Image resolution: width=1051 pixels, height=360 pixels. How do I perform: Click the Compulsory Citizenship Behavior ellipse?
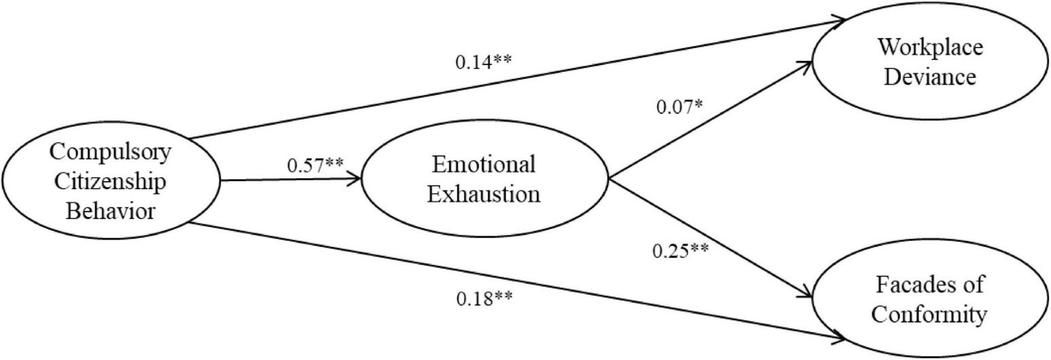(x=111, y=181)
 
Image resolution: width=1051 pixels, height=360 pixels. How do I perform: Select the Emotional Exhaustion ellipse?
(x=485, y=180)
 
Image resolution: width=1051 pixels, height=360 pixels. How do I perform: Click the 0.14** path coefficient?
(x=483, y=62)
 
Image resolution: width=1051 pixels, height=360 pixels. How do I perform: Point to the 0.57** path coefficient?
(x=315, y=165)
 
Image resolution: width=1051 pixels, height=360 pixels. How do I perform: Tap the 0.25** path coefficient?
(x=680, y=251)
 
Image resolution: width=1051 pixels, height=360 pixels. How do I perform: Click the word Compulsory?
(x=111, y=152)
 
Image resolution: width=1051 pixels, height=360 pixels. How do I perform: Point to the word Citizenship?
(x=111, y=182)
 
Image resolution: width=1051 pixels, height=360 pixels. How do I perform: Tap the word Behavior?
(x=111, y=212)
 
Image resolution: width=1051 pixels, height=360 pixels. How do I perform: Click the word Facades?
(x=930, y=285)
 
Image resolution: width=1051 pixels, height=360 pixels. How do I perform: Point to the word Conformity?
(x=930, y=315)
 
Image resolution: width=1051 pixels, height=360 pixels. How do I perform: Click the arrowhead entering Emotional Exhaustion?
(x=355, y=180)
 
